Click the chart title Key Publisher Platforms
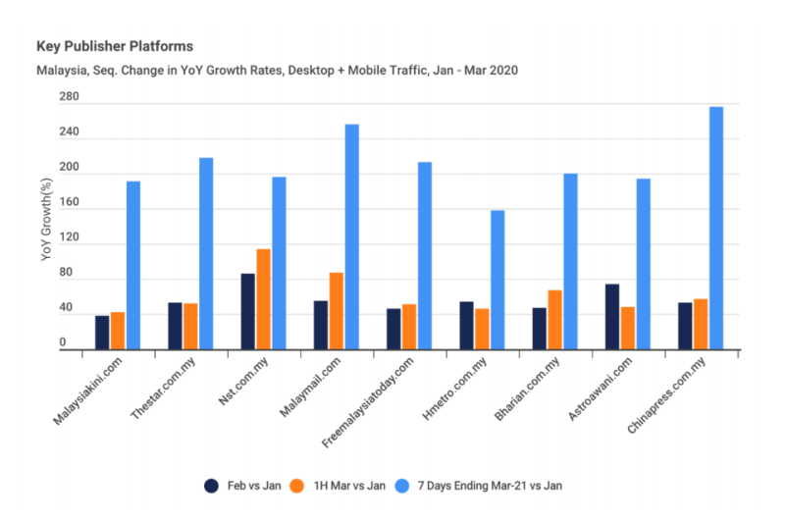(x=114, y=46)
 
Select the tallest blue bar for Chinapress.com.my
(x=715, y=228)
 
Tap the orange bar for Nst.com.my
(x=263, y=299)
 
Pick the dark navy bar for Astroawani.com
(x=611, y=316)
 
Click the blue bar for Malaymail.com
(x=351, y=236)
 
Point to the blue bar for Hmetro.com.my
(x=497, y=280)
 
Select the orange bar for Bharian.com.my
(x=554, y=319)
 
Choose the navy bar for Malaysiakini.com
(x=102, y=332)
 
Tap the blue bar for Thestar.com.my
(x=206, y=253)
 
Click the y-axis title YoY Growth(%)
(x=45, y=221)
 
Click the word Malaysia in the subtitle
(x=61, y=70)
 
